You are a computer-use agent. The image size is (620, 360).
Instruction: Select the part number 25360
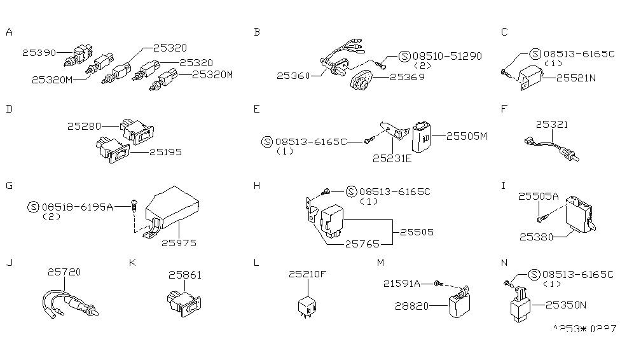(x=293, y=76)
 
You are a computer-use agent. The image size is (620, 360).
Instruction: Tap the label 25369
(x=406, y=77)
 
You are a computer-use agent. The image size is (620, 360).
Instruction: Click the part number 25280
(x=85, y=127)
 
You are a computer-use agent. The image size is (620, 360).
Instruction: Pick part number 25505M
(x=466, y=135)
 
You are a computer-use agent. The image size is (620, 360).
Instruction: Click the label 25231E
(x=392, y=158)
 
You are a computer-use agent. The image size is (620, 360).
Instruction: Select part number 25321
(x=552, y=125)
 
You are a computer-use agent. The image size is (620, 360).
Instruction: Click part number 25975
(x=179, y=242)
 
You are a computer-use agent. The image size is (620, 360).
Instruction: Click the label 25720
(x=64, y=271)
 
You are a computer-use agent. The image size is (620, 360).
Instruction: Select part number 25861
(x=184, y=275)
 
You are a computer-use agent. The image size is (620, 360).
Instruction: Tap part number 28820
(x=411, y=306)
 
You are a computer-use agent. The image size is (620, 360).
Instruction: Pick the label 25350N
(x=570, y=305)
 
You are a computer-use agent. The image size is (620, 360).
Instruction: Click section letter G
(x=9, y=186)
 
